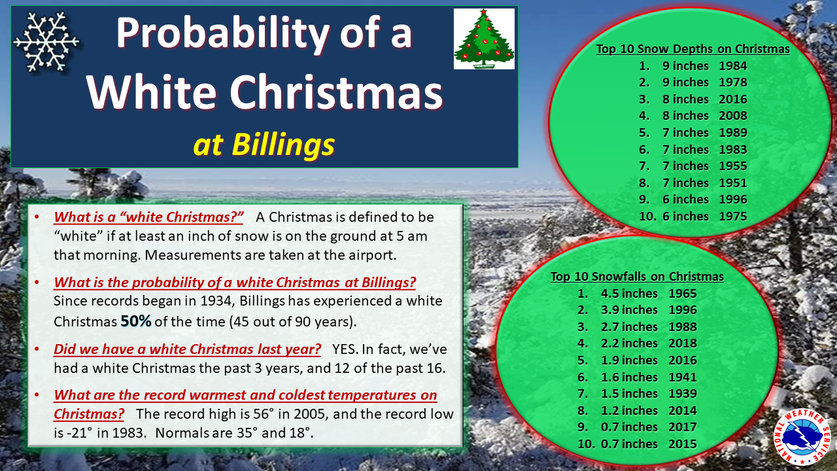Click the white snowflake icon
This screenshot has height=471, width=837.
(x=46, y=41)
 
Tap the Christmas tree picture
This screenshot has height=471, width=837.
(x=484, y=39)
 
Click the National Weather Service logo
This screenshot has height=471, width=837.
(x=802, y=436)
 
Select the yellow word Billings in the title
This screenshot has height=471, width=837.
(x=283, y=145)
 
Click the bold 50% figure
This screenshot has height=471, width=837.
(x=136, y=321)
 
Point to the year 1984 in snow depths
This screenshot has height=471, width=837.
(x=733, y=66)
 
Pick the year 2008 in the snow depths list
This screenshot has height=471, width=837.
(x=733, y=116)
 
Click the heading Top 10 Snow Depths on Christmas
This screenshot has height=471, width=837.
(x=692, y=49)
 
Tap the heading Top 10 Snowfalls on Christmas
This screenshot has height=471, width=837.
(x=637, y=277)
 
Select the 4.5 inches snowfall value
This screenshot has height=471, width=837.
(x=629, y=294)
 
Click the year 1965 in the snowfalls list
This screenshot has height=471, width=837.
(x=682, y=294)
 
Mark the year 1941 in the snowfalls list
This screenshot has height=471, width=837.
(x=682, y=377)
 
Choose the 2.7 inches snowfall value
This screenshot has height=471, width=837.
(x=629, y=326)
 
